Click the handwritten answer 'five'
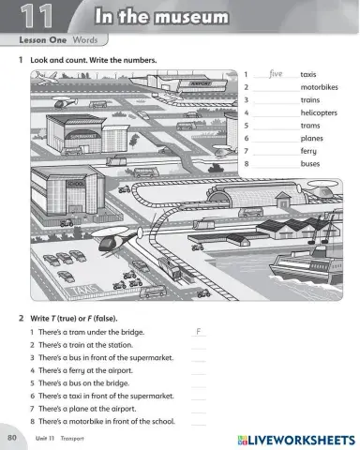(275, 73)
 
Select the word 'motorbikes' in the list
(320, 86)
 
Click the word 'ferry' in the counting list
(308, 150)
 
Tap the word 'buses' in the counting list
(310, 163)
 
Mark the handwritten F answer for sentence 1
(199, 332)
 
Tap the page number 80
(12, 438)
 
